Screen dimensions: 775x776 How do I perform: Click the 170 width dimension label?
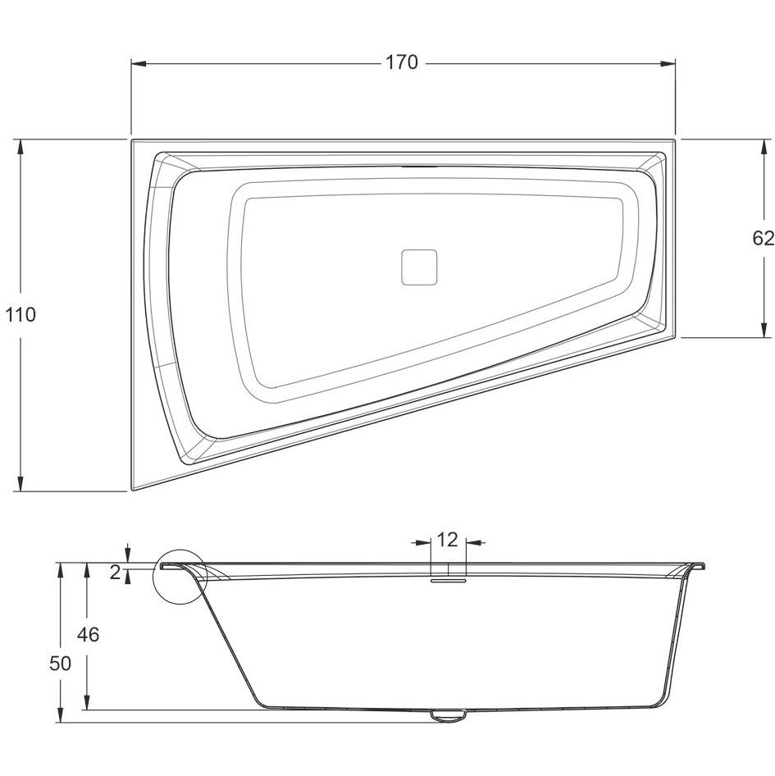[x=401, y=63]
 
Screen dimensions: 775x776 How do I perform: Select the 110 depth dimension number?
[x=21, y=315]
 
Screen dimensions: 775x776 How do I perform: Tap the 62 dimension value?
[x=763, y=239]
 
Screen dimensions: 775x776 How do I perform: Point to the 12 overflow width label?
[x=448, y=540]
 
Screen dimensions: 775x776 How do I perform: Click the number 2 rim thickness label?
[x=115, y=573]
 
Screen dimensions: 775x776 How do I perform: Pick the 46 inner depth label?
[x=88, y=634]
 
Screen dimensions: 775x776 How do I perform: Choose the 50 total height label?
[x=61, y=663]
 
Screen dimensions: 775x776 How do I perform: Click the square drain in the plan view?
[x=419, y=267]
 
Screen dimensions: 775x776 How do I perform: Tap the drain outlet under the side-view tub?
[x=448, y=714]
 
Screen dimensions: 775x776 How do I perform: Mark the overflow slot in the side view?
[x=448, y=579]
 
